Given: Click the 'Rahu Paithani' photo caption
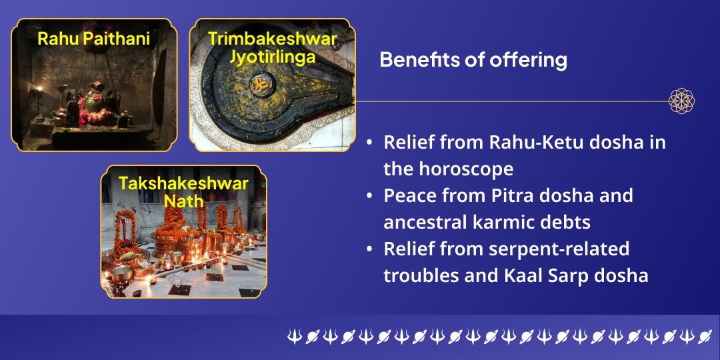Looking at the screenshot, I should [93, 39].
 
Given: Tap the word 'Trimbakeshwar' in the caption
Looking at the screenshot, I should [272, 38].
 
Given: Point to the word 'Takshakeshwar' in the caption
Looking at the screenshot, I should [183, 183].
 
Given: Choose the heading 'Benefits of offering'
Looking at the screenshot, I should [473, 60].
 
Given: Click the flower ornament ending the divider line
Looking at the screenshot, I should [681, 101].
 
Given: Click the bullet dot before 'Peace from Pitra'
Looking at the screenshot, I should [370, 197].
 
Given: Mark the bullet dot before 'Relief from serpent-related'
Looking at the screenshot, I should [370, 249].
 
